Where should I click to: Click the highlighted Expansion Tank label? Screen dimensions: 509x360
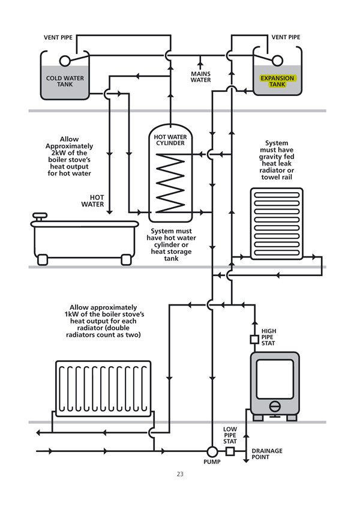coord(277,82)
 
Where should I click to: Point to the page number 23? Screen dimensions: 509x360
coord(180,474)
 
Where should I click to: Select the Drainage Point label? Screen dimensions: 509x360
coord(267,454)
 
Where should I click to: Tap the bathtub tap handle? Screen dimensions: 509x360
coord(41,215)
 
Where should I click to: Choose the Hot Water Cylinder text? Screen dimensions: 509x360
coord(172,140)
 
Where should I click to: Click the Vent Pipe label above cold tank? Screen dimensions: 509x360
coord(59,37)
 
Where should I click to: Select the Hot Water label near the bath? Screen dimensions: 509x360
coord(97,200)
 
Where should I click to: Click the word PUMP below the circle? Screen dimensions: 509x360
coord(212,462)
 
